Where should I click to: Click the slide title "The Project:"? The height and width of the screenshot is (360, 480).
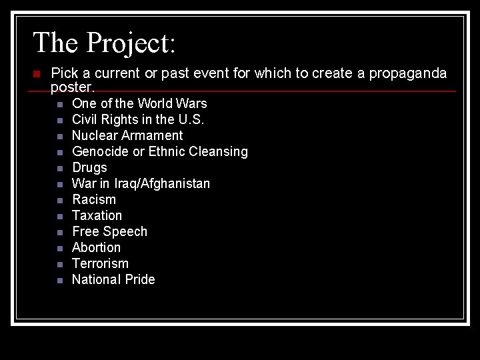pos(104,43)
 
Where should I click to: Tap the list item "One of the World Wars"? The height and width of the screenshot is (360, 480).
pos(139,103)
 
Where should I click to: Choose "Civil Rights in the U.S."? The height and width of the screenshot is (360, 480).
pos(138,119)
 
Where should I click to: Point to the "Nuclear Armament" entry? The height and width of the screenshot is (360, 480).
pos(127,135)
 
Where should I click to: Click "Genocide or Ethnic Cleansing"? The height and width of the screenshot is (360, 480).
pos(159,151)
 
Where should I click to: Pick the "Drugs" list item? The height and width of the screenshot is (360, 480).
pos(89,167)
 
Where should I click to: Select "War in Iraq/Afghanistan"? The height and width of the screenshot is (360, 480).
pos(141,183)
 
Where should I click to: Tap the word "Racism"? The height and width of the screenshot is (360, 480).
pos(94,199)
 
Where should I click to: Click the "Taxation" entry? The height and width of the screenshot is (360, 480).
pos(97,215)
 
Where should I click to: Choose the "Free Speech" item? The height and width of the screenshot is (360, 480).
pos(109,231)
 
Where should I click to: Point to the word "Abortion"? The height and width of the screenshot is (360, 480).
pos(96,247)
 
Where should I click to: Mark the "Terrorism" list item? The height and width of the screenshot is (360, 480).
pos(100,263)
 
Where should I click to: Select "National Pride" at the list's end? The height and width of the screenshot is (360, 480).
pos(113,279)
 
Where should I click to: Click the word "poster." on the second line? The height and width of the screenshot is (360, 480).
pos(73,87)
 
